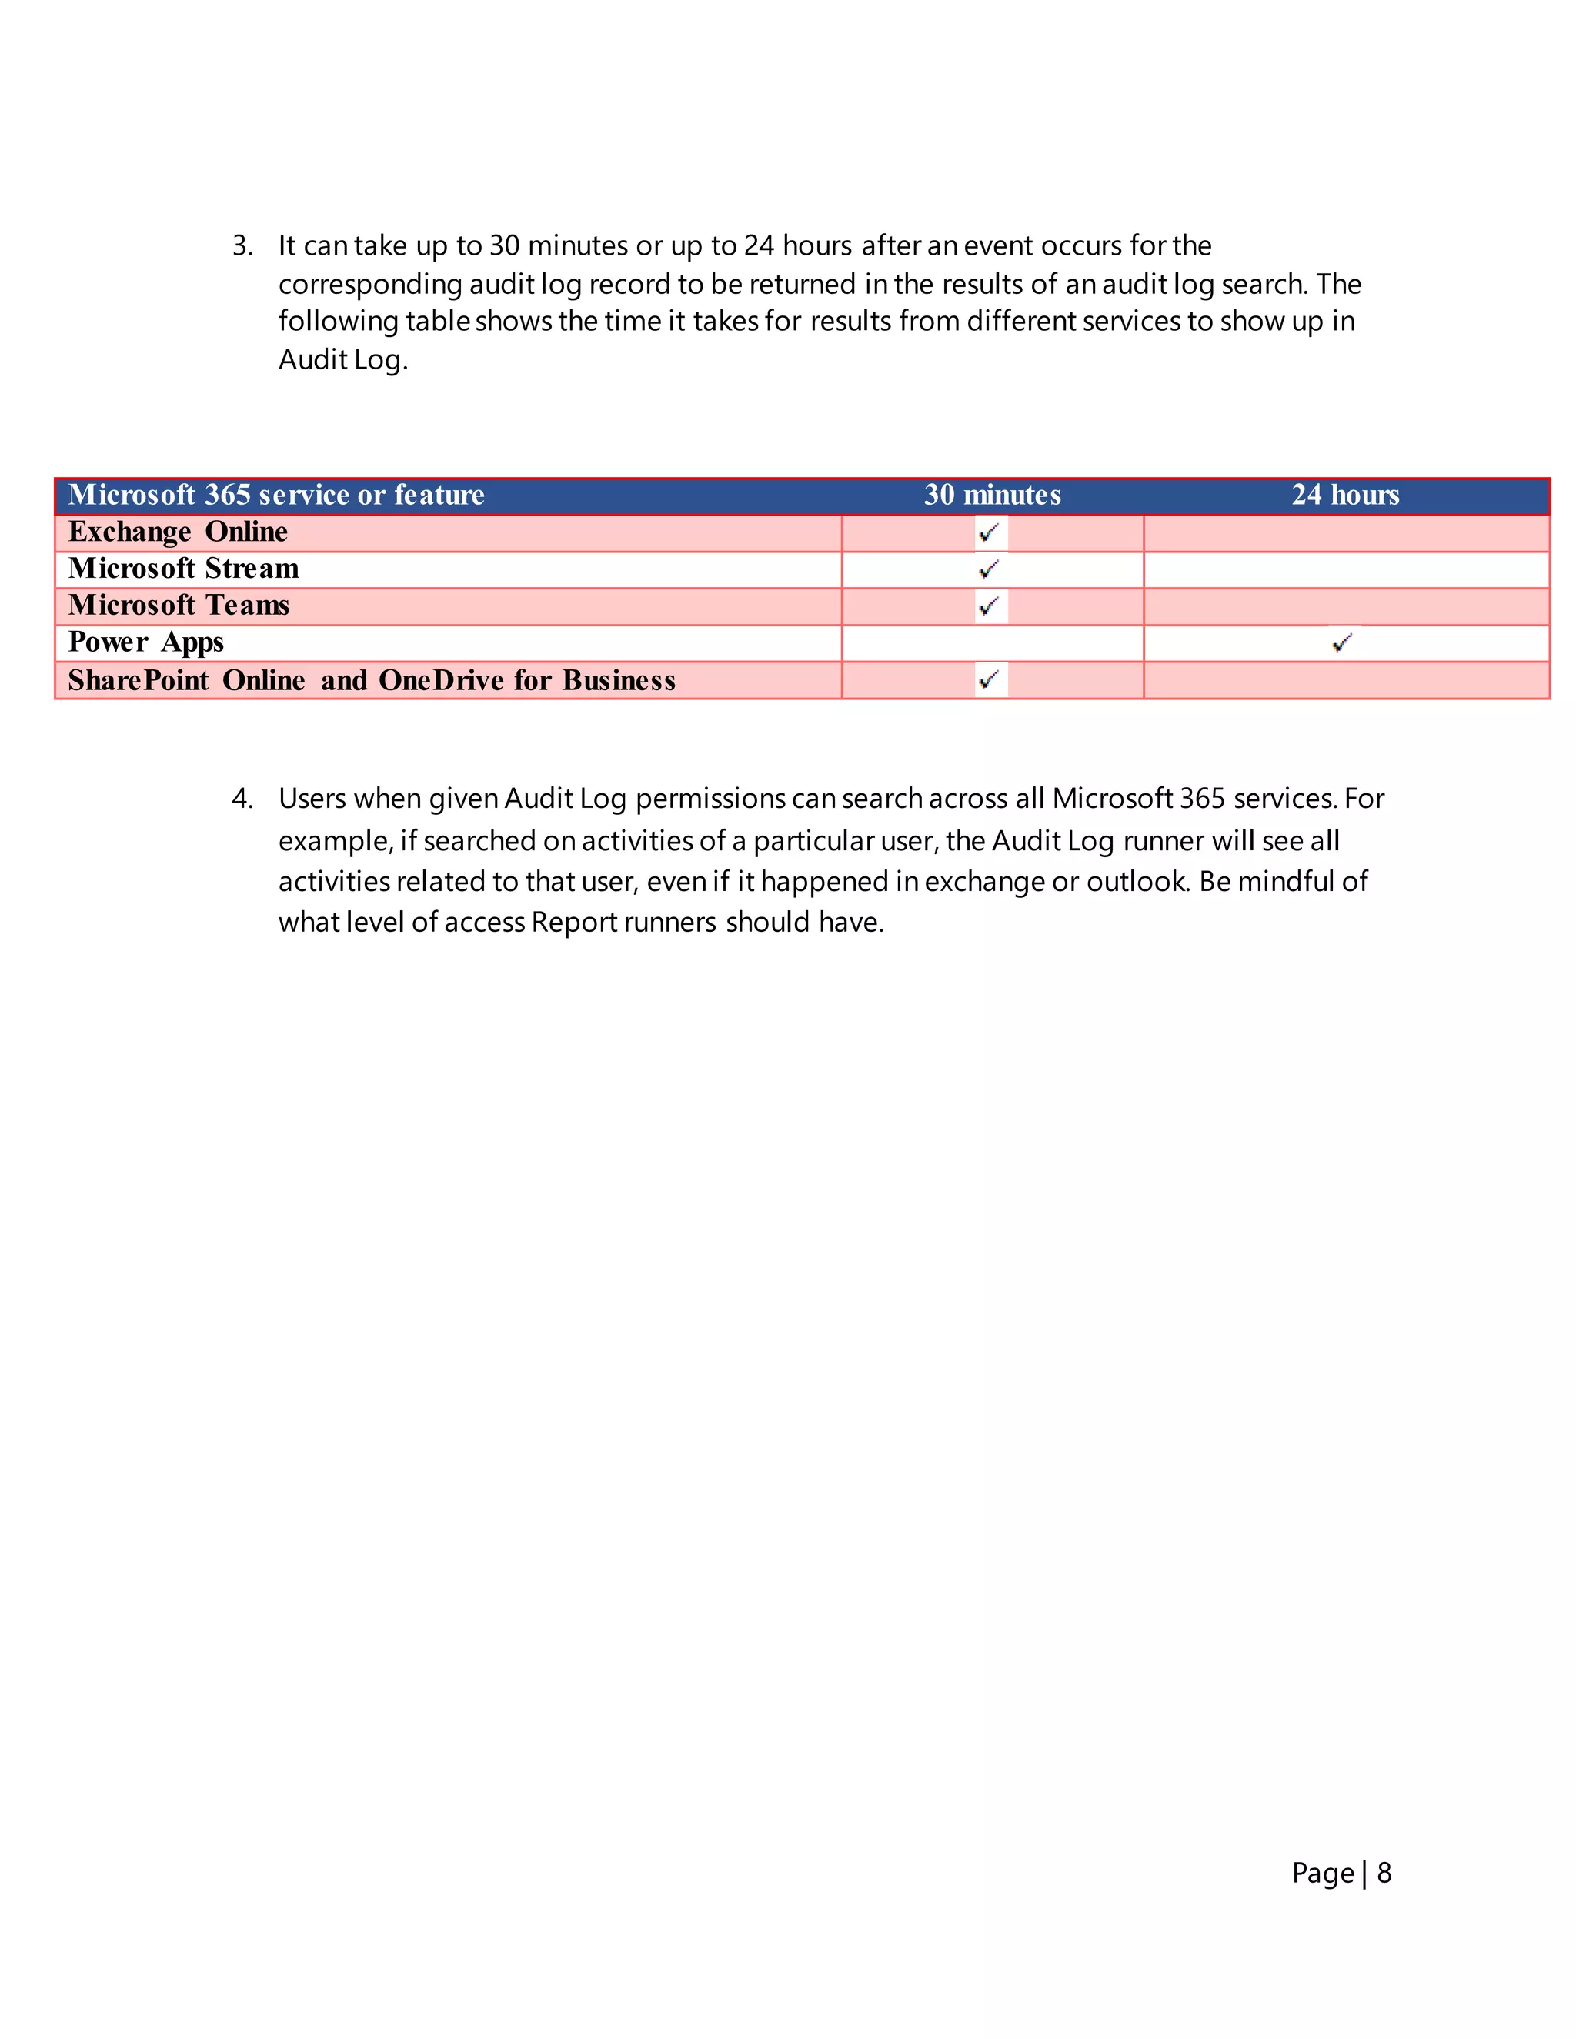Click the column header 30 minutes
click(991, 495)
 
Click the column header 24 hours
click(1344, 495)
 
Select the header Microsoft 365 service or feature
click(276, 495)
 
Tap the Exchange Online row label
click(178, 532)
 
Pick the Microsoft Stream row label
click(183, 569)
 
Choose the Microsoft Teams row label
click(179, 605)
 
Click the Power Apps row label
click(145, 642)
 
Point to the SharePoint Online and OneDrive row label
click(371, 679)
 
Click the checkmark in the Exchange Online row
click(990, 533)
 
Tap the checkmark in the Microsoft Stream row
click(990, 569)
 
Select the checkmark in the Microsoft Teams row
click(990, 606)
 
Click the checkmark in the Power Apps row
click(1343, 642)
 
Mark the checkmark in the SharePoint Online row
click(990, 679)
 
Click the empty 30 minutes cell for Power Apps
click(991, 643)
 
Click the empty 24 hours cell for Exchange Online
click(1344, 533)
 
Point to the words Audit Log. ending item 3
click(342, 359)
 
